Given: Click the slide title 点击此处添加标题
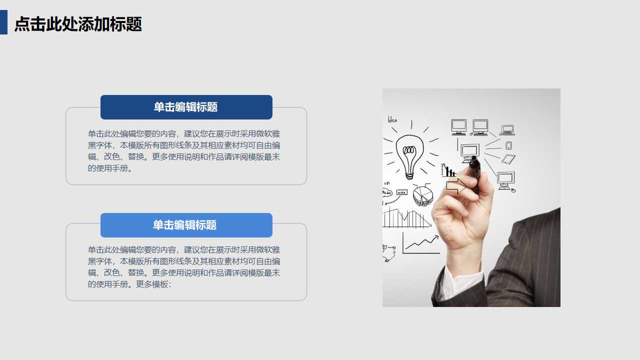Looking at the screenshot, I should tap(78, 24).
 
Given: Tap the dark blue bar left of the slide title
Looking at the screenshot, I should tap(3, 22).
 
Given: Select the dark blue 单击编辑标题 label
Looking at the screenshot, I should tap(186, 107).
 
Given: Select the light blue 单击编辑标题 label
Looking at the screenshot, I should tap(186, 225).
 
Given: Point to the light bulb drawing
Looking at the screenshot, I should tap(409, 154).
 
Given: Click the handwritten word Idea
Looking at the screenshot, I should tap(392, 119).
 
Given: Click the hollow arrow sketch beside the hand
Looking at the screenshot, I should tap(455, 186).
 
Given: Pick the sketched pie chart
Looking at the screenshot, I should tap(422, 195).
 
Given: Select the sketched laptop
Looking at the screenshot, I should tap(507, 130).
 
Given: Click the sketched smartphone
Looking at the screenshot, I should tap(508, 145).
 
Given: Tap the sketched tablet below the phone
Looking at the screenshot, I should tap(508, 159).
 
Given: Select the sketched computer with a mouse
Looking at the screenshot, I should tap(506, 180).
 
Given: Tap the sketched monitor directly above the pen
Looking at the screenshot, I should tap(470, 150).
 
